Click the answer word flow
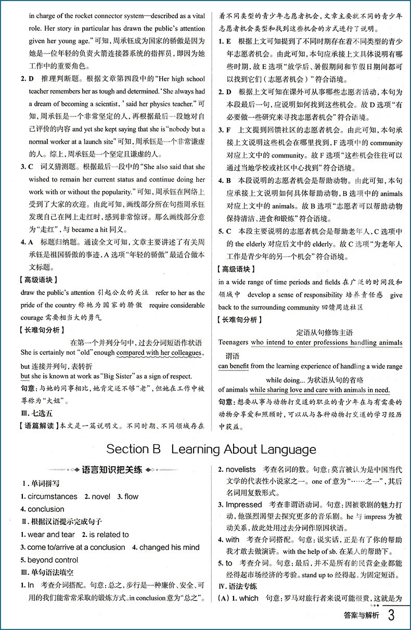point(131,496)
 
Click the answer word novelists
point(240,469)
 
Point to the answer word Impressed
point(243,504)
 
